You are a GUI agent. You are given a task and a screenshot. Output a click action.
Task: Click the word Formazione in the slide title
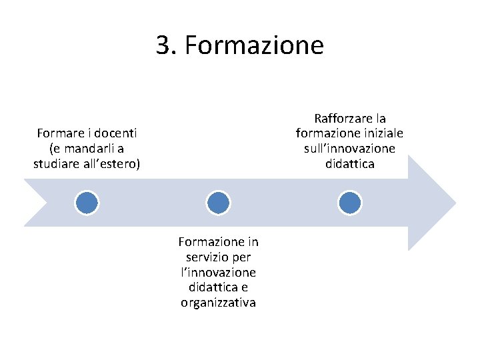254,45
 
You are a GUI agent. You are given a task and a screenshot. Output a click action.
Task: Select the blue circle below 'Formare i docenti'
87,202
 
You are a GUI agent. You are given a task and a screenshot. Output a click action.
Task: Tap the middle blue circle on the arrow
218,202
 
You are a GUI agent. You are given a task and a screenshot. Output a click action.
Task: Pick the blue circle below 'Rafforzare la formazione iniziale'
349,202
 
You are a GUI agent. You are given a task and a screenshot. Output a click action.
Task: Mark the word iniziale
382,133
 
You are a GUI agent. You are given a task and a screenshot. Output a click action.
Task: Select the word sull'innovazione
349,148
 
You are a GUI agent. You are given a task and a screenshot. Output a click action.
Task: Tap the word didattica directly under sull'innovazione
349,163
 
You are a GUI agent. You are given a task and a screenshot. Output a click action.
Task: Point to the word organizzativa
218,303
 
